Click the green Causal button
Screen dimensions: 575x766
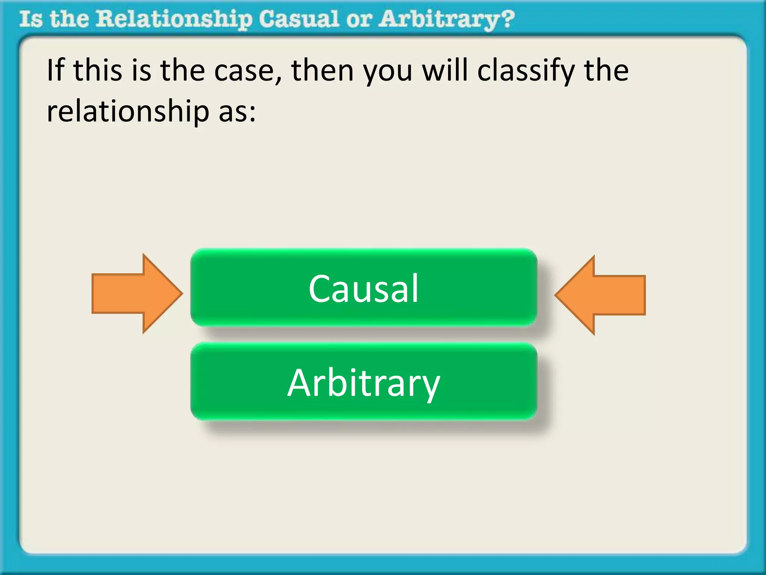pyautogui.click(x=364, y=287)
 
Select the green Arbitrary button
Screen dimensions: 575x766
pyautogui.click(x=364, y=382)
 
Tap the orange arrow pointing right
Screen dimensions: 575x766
pyautogui.click(x=137, y=293)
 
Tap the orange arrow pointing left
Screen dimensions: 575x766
pyautogui.click(x=600, y=295)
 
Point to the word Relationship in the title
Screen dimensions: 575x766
pyautogui.click(x=174, y=19)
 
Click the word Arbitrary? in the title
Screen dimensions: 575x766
pyautogui.click(x=446, y=19)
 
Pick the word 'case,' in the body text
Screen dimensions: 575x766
pyautogui.click(x=248, y=71)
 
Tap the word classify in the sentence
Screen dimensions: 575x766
pyautogui.click(x=526, y=71)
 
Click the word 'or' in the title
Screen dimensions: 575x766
pyautogui.click(x=359, y=19)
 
